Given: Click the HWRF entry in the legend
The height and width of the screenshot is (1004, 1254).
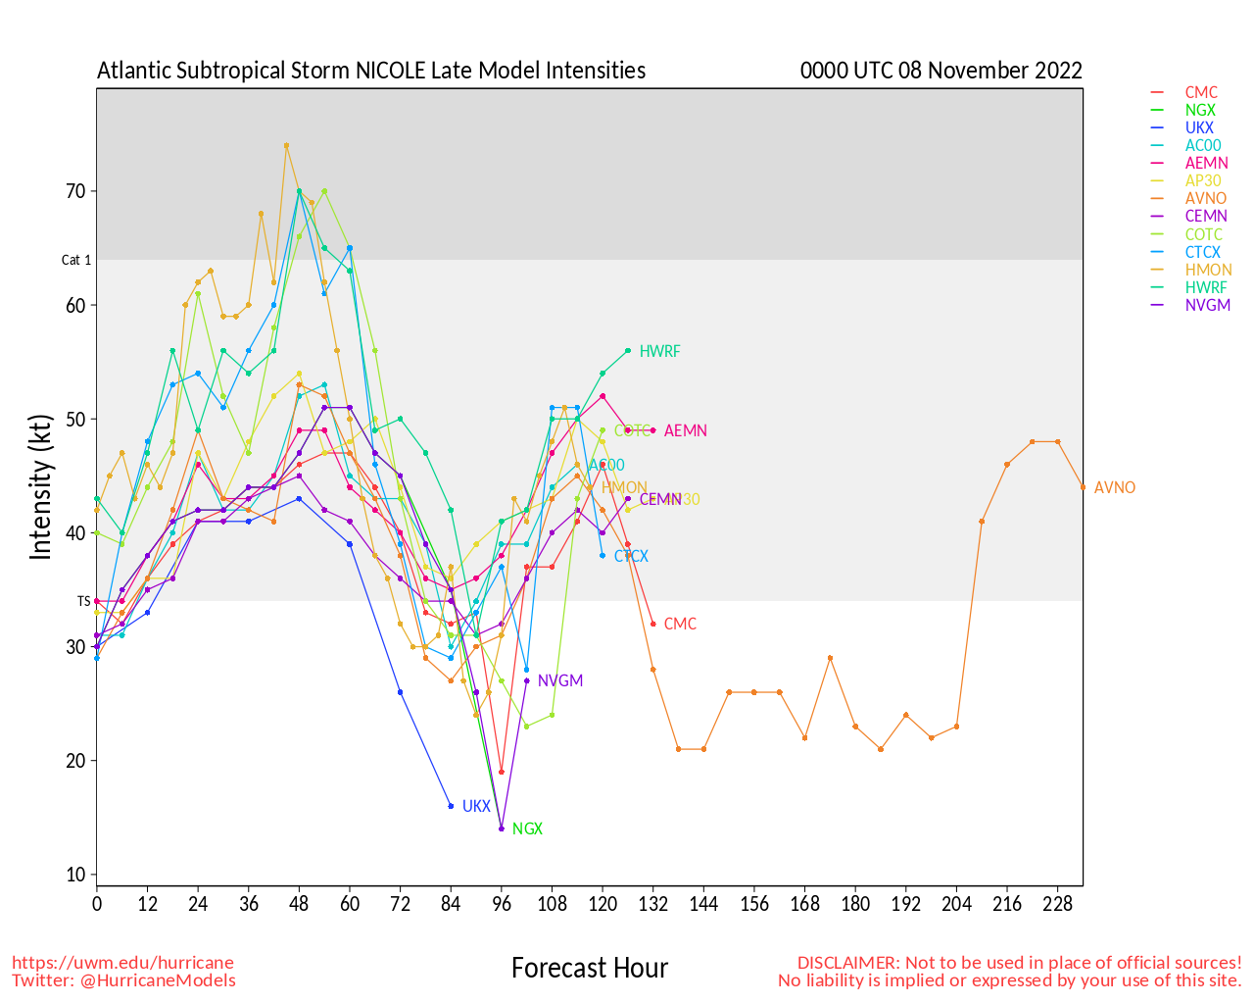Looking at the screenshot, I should pos(1205,287).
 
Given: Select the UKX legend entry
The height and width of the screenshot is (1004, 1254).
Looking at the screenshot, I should pos(1199,127).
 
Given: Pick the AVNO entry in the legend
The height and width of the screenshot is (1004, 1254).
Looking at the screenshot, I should pos(1205,198).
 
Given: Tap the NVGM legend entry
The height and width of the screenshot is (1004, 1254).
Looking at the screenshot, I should pos(1207,305).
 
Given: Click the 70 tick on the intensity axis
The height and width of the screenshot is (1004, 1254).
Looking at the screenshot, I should pos(76,191).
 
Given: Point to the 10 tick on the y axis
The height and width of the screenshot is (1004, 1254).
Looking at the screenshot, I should pos(76,875).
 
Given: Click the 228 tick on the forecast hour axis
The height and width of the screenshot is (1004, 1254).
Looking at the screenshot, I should pos(1057,903).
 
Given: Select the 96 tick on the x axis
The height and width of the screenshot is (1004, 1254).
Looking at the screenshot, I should pos(502,903).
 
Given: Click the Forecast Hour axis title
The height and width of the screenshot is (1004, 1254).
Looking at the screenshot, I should pos(589,969).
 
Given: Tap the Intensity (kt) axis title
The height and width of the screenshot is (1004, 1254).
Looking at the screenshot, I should pos(40,487).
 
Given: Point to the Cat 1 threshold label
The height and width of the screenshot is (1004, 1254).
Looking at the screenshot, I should pos(76,260).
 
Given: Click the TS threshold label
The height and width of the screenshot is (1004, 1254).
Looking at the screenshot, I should pos(83,601).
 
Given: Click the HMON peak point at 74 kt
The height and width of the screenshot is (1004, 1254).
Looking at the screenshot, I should pos(286,146).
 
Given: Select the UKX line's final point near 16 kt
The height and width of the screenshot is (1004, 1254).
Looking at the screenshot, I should pos(451,806).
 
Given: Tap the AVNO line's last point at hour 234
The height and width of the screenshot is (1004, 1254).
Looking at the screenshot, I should pos(1083,487).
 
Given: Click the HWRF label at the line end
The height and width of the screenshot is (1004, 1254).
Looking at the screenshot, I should pos(659,351).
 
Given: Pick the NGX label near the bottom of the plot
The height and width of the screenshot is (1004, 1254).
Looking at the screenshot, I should pos(527,828).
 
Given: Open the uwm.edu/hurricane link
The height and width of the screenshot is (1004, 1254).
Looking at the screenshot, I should pos(122,963).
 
